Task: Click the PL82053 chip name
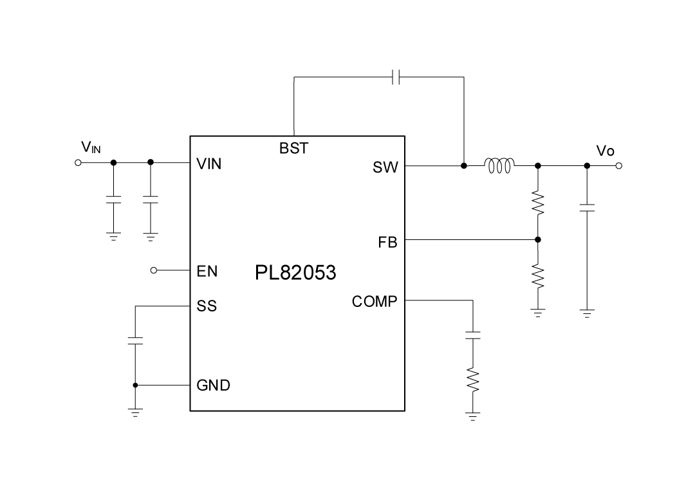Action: click(x=295, y=273)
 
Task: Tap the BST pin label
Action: click(x=293, y=149)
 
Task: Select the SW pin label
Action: click(x=385, y=168)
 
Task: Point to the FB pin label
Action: click(x=387, y=243)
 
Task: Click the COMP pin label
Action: click(x=375, y=301)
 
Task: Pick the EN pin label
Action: click(x=207, y=272)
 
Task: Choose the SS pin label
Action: click(x=207, y=306)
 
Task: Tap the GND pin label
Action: click(x=213, y=386)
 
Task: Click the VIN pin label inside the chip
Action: click(x=209, y=164)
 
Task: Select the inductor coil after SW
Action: click(x=500, y=166)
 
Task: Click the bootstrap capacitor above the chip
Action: click(x=397, y=78)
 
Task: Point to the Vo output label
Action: click(x=605, y=151)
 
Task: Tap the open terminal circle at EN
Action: click(x=153, y=270)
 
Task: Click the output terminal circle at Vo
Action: click(x=618, y=166)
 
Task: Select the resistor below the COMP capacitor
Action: click(x=473, y=380)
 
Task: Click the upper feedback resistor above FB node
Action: click(x=538, y=203)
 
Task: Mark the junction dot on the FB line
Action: click(x=538, y=240)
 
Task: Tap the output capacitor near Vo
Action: click(x=587, y=208)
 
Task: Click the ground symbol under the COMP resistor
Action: click(x=473, y=417)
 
